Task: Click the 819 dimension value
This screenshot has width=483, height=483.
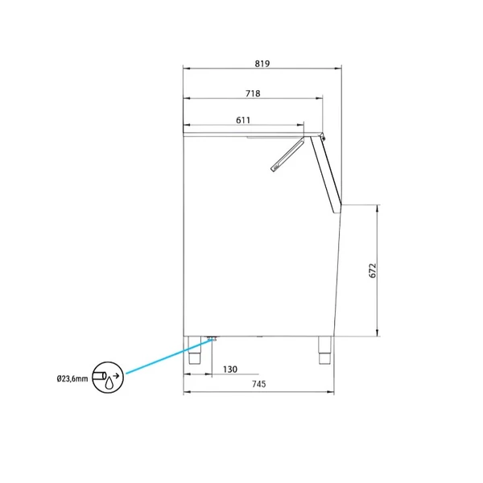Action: [x=262, y=64]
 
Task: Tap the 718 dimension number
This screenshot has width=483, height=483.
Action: [x=253, y=93]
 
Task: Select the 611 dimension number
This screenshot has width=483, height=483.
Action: [x=243, y=120]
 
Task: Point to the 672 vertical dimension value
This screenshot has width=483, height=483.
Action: [x=373, y=270]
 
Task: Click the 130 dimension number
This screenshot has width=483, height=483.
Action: [x=230, y=369]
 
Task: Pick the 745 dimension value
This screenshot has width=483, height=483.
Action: [x=258, y=384]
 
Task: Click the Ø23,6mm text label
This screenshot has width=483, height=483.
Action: [x=72, y=378]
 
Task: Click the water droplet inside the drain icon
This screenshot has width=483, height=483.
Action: [x=109, y=384]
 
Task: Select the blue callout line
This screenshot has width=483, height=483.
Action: [x=169, y=356]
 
